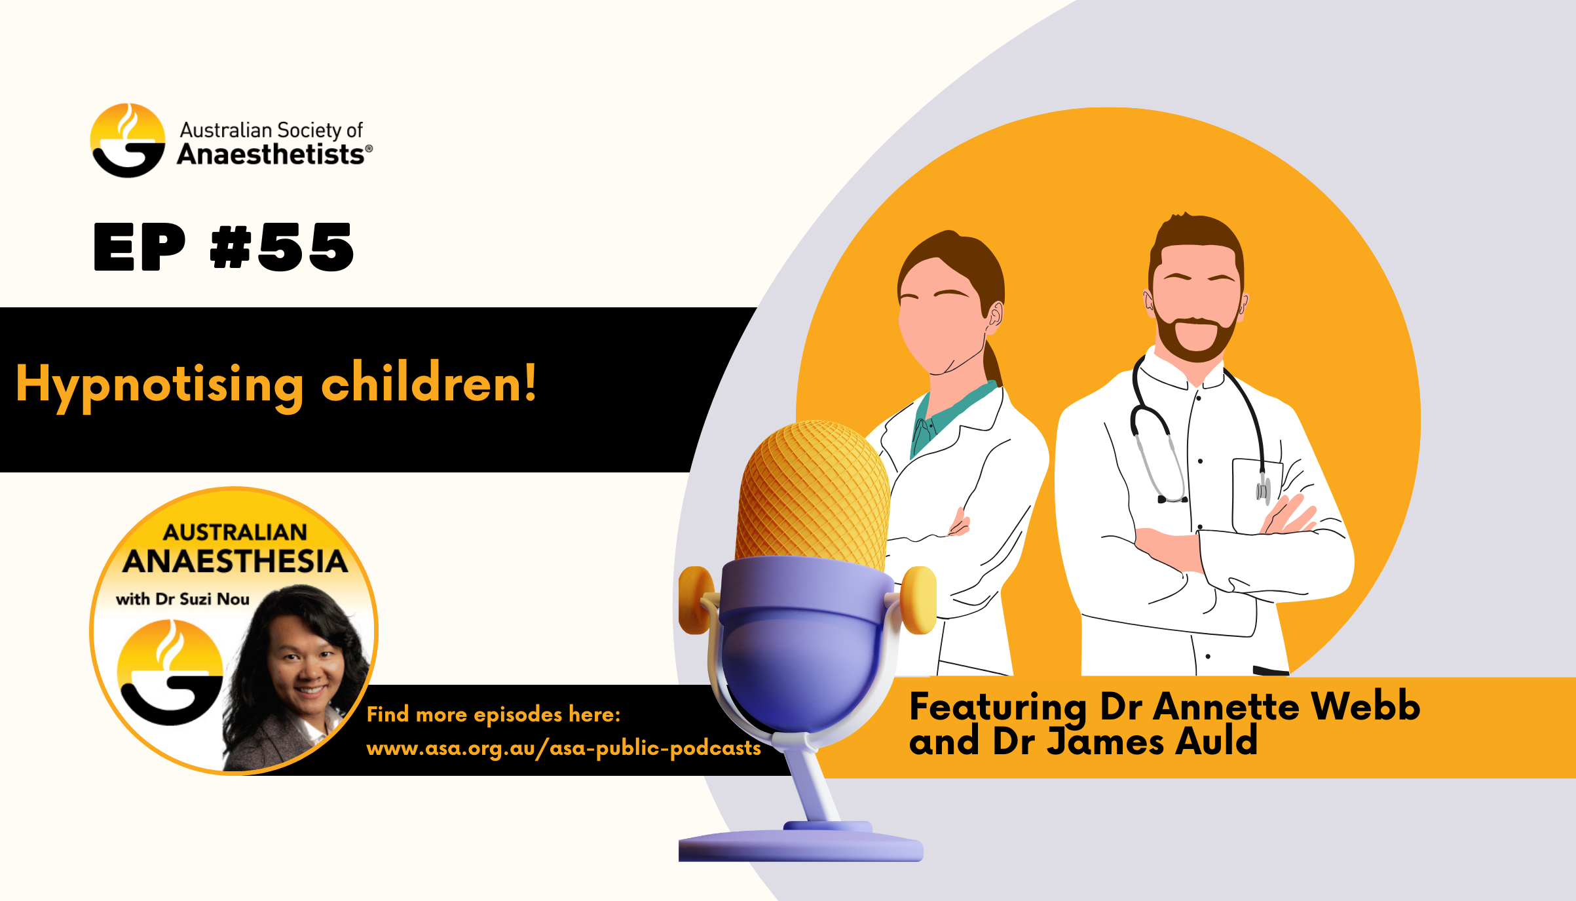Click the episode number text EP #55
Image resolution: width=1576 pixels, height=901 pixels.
tap(223, 247)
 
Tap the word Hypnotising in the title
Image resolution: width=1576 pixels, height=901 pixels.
tap(159, 385)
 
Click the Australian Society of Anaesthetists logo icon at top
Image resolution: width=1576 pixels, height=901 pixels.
tap(128, 140)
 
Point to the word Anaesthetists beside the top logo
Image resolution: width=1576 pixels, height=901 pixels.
tap(271, 155)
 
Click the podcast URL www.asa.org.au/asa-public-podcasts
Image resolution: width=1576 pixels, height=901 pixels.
tap(563, 748)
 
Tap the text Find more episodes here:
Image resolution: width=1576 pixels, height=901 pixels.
tap(493, 714)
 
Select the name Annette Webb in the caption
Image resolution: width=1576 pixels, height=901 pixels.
tap(1286, 706)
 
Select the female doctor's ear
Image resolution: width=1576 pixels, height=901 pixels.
tap(995, 315)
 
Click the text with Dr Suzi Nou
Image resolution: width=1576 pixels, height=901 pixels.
tap(183, 599)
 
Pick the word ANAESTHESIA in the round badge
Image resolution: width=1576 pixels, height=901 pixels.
tap(235, 562)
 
